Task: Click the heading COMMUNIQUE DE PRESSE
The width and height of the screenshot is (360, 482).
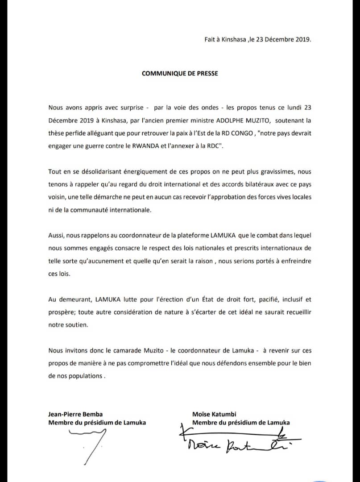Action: click(x=180, y=73)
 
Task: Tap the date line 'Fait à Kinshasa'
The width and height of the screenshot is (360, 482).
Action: click(x=257, y=39)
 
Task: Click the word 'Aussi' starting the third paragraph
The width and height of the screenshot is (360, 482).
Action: click(x=56, y=236)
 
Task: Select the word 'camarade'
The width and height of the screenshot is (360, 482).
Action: click(x=117, y=350)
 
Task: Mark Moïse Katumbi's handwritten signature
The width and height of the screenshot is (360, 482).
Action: click(x=236, y=439)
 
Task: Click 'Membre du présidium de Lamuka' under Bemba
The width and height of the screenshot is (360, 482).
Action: click(x=97, y=423)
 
